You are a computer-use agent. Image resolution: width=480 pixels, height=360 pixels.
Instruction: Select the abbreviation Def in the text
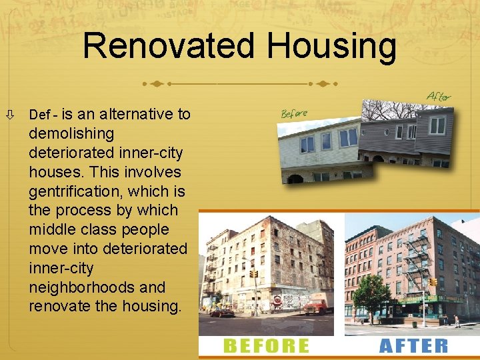point(39,115)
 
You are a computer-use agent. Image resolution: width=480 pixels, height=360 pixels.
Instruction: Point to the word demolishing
point(71,134)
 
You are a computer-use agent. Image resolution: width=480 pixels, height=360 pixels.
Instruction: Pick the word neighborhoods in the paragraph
point(97,287)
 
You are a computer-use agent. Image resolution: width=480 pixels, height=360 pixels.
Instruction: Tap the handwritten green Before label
point(295,113)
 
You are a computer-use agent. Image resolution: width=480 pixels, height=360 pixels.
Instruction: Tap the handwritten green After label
point(439,97)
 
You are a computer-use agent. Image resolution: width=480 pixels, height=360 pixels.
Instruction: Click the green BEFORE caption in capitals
point(267,345)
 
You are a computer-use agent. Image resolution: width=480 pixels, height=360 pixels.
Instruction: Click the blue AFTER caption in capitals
point(413,345)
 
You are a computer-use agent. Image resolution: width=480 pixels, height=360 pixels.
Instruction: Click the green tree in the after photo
point(371,293)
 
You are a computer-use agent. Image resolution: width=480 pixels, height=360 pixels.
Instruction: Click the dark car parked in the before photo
point(222,311)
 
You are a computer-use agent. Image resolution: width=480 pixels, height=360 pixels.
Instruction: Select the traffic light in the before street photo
point(253,274)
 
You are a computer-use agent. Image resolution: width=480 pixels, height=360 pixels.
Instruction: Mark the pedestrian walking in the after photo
point(457,321)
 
